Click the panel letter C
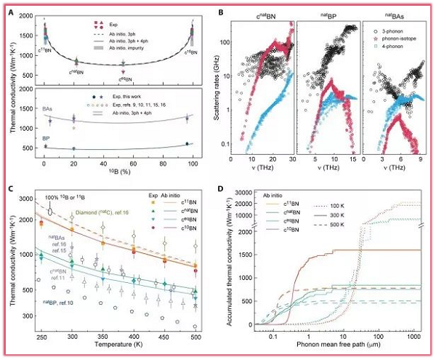point(9,185)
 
